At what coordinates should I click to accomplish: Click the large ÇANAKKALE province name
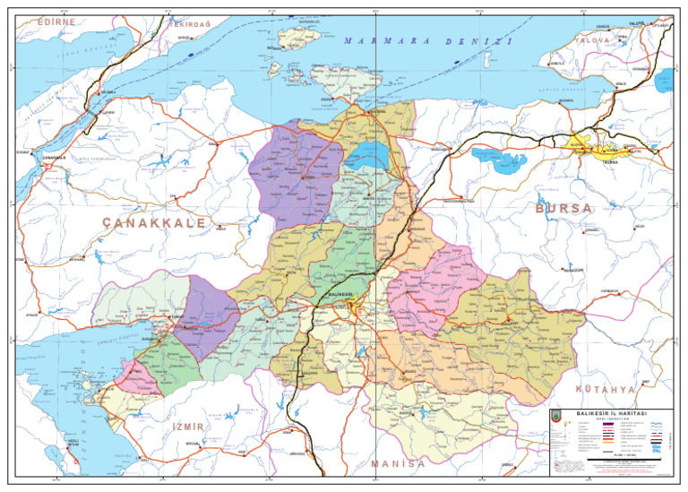tap(154, 222)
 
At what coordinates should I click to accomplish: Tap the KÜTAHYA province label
tap(606, 391)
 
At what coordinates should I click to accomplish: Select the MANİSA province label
tap(398, 464)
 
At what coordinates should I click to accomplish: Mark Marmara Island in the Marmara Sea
tap(299, 38)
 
